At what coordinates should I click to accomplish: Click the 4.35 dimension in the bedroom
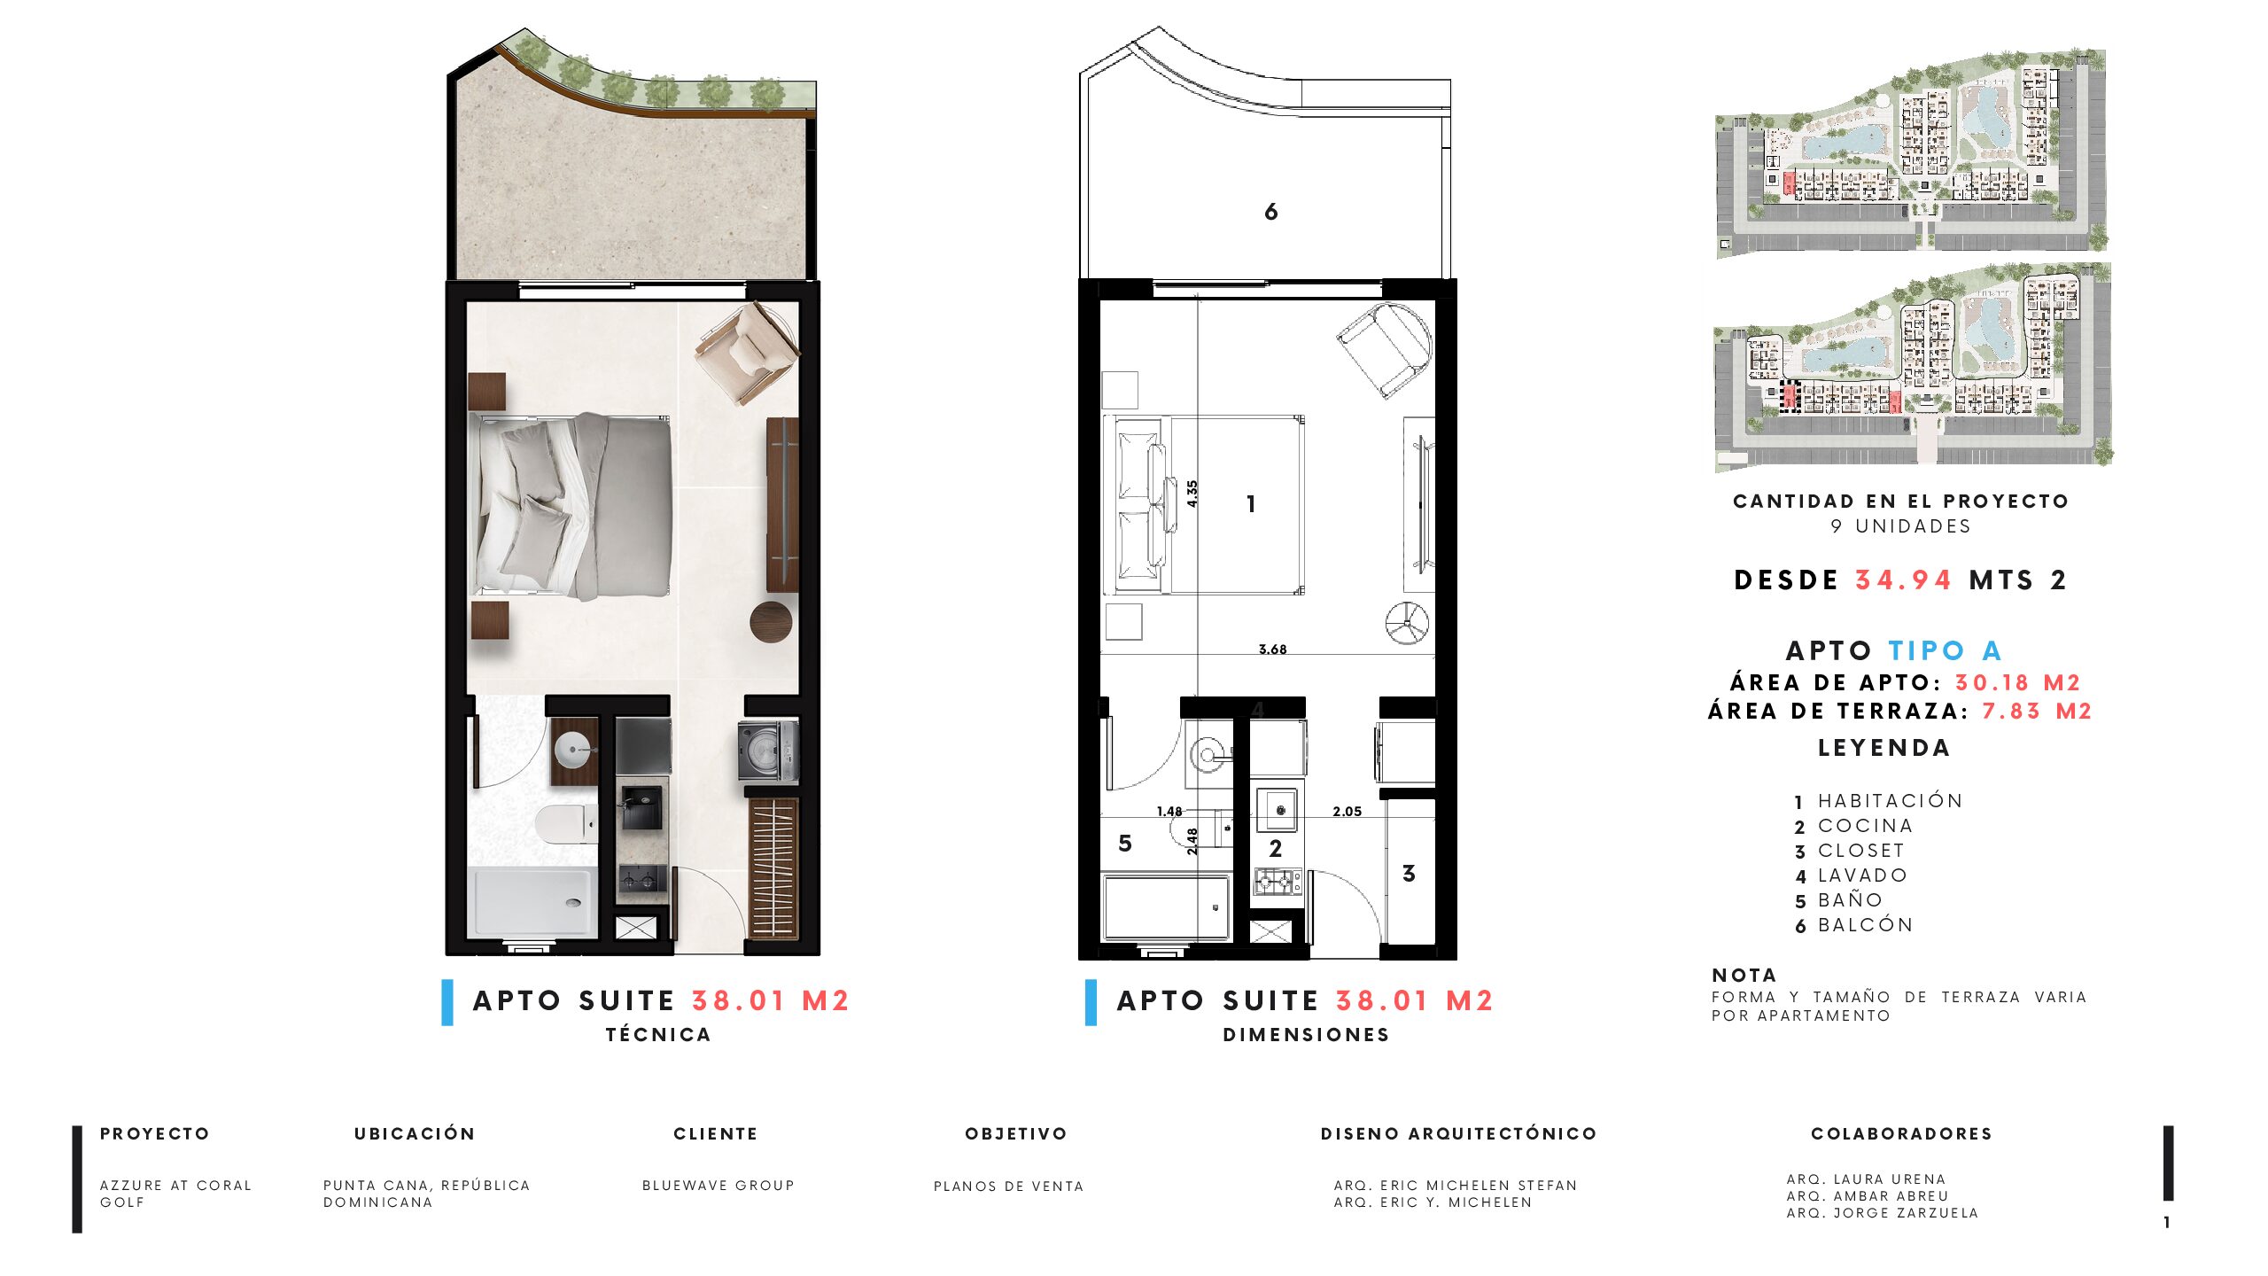point(1192,494)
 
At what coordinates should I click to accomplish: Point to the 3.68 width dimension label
point(1272,650)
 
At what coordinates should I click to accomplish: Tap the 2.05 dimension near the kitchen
point(1347,812)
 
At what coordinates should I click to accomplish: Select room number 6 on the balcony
point(1271,212)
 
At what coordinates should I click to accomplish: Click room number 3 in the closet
point(1409,874)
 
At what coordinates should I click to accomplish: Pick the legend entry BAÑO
point(1851,900)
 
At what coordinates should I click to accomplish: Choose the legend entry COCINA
point(1866,826)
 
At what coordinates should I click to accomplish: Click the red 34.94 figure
point(1904,580)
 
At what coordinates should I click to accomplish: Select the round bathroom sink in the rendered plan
point(573,750)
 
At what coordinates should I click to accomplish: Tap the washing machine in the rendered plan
point(768,751)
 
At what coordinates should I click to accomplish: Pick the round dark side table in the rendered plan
point(771,621)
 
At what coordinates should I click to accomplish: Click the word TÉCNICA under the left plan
point(658,1035)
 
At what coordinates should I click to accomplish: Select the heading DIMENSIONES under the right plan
point(1306,1035)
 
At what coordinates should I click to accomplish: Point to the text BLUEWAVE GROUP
point(718,1186)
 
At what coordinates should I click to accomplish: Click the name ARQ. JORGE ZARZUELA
point(1883,1213)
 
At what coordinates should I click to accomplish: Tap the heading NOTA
point(1744,976)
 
